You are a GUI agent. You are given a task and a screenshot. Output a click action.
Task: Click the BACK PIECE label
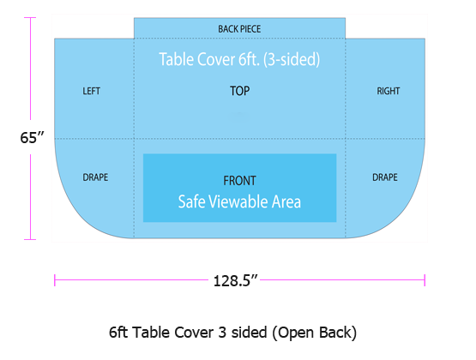239,29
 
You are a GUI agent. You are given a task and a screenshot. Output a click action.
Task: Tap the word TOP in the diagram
239,91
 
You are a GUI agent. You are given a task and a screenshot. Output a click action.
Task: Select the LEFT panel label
92,91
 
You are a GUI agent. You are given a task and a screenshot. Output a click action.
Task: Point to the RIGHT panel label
389,91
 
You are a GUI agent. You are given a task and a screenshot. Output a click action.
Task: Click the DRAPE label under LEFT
95,177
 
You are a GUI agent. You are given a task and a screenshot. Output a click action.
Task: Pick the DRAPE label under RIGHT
385,177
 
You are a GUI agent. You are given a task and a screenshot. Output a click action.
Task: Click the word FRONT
239,181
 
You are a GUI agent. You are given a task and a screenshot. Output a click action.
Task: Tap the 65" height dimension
33,138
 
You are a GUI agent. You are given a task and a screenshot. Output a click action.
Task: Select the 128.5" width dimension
236,281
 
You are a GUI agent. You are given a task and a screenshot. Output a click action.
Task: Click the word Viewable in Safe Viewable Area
239,201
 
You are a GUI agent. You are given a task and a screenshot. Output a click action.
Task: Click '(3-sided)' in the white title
292,59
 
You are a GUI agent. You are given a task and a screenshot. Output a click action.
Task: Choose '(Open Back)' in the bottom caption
314,333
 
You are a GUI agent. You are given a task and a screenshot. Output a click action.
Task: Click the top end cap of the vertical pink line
30,18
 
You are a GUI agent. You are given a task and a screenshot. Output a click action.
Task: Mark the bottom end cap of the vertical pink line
30,240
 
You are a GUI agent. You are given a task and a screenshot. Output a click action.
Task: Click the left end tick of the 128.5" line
55,280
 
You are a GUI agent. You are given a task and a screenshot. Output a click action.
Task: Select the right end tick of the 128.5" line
425,280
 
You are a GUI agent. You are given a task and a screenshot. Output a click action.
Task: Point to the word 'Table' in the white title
177,59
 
